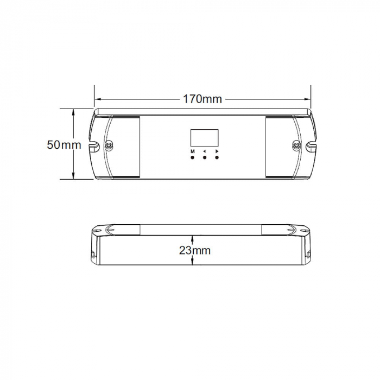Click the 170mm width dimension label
click(202, 99)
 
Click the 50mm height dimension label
click(64, 145)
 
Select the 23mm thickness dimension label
click(194, 250)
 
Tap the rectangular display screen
click(204, 137)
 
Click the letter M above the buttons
click(193, 151)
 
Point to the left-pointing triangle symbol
click(205, 151)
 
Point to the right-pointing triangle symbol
click(217, 151)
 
